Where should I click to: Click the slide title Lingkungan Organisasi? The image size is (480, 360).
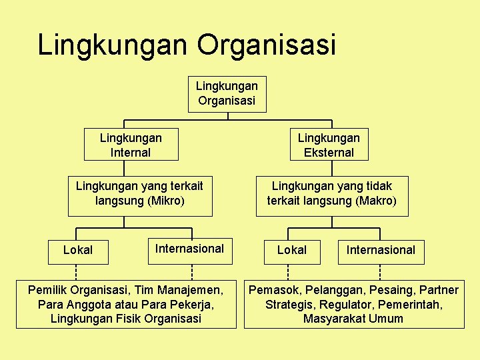(x=187, y=45)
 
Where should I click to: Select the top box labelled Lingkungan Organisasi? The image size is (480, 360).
(x=227, y=93)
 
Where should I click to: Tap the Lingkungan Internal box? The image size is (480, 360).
(x=131, y=145)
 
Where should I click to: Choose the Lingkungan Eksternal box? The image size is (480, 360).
(x=329, y=145)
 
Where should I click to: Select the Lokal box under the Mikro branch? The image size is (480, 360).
(x=77, y=250)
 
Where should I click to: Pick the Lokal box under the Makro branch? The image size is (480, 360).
(x=292, y=250)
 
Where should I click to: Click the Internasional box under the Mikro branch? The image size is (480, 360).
(x=189, y=249)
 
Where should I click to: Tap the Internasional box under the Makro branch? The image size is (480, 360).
(x=381, y=250)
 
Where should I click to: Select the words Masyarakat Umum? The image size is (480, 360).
(x=353, y=319)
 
